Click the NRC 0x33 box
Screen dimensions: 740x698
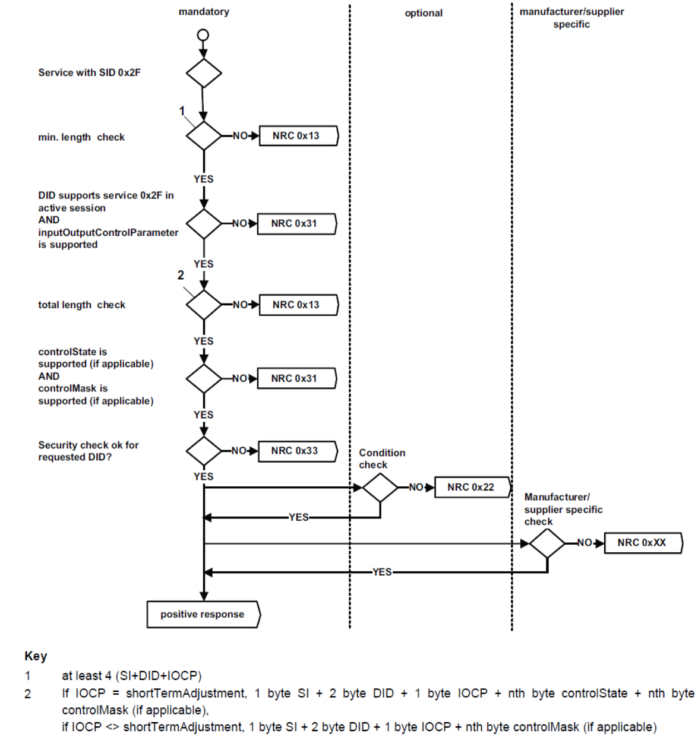(x=295, y=451)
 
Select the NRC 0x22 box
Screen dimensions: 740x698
(x=471, y=487)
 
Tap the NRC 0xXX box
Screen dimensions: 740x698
(x=642, y=543)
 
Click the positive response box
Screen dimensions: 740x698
(x=203, y=614)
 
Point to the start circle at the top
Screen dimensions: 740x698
(x=203, y=35)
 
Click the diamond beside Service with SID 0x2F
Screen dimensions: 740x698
(x=204, y=74)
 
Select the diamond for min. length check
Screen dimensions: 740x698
(x=204, y=136)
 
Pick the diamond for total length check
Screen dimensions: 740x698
(x=204, y=305)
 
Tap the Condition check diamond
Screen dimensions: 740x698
(x=380, y=488)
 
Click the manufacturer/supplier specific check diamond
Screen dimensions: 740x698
(x=547, y=543)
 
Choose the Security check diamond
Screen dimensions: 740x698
(x=204, y=451)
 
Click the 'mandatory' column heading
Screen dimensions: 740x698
(x=204, y=12)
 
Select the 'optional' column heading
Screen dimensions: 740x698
(x=424, y=13)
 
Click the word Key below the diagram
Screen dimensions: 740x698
(x=36, y=656)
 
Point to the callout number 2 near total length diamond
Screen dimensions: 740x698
(x=181, y=275)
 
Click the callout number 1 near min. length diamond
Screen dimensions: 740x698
(x=182, y=111)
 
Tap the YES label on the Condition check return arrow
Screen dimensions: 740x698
(x=299, y=517)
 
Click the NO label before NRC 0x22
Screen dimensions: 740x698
(x=416, y=487)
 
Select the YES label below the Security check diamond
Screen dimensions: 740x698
(x=203, y=476)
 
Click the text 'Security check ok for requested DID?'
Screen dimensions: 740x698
(x=88, y=451)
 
